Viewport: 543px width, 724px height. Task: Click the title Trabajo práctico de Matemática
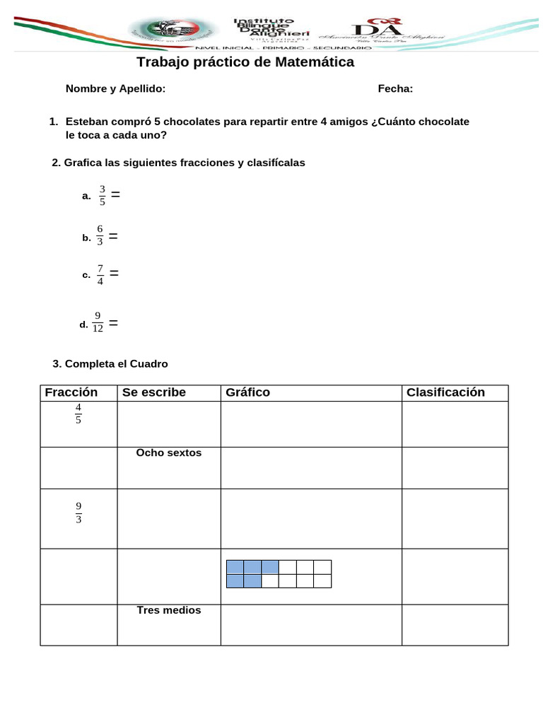[245, 62]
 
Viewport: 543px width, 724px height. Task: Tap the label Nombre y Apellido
[115, 88]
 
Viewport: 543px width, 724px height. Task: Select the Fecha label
[395, 88]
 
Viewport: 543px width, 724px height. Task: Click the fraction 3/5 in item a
[102, 195]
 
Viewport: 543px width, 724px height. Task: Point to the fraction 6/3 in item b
[100, 236]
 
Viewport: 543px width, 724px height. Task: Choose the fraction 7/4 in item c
[100, 274]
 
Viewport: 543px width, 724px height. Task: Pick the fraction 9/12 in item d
[98, 322]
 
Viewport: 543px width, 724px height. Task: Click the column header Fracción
[71, 392]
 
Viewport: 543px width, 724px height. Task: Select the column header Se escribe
[154, 392]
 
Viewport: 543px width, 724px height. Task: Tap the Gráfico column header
[247, 392]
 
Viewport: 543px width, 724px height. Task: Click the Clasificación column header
[445, 392]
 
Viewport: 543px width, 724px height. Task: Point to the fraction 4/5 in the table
[78, 414]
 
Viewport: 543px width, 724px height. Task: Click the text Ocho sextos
[169, 452]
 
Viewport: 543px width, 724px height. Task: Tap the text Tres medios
[169, 610]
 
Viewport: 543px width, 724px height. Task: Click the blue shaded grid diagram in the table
[279, 574]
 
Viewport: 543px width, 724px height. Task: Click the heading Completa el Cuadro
[110, 364]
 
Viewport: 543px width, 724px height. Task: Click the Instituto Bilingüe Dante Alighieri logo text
[264, 32]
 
